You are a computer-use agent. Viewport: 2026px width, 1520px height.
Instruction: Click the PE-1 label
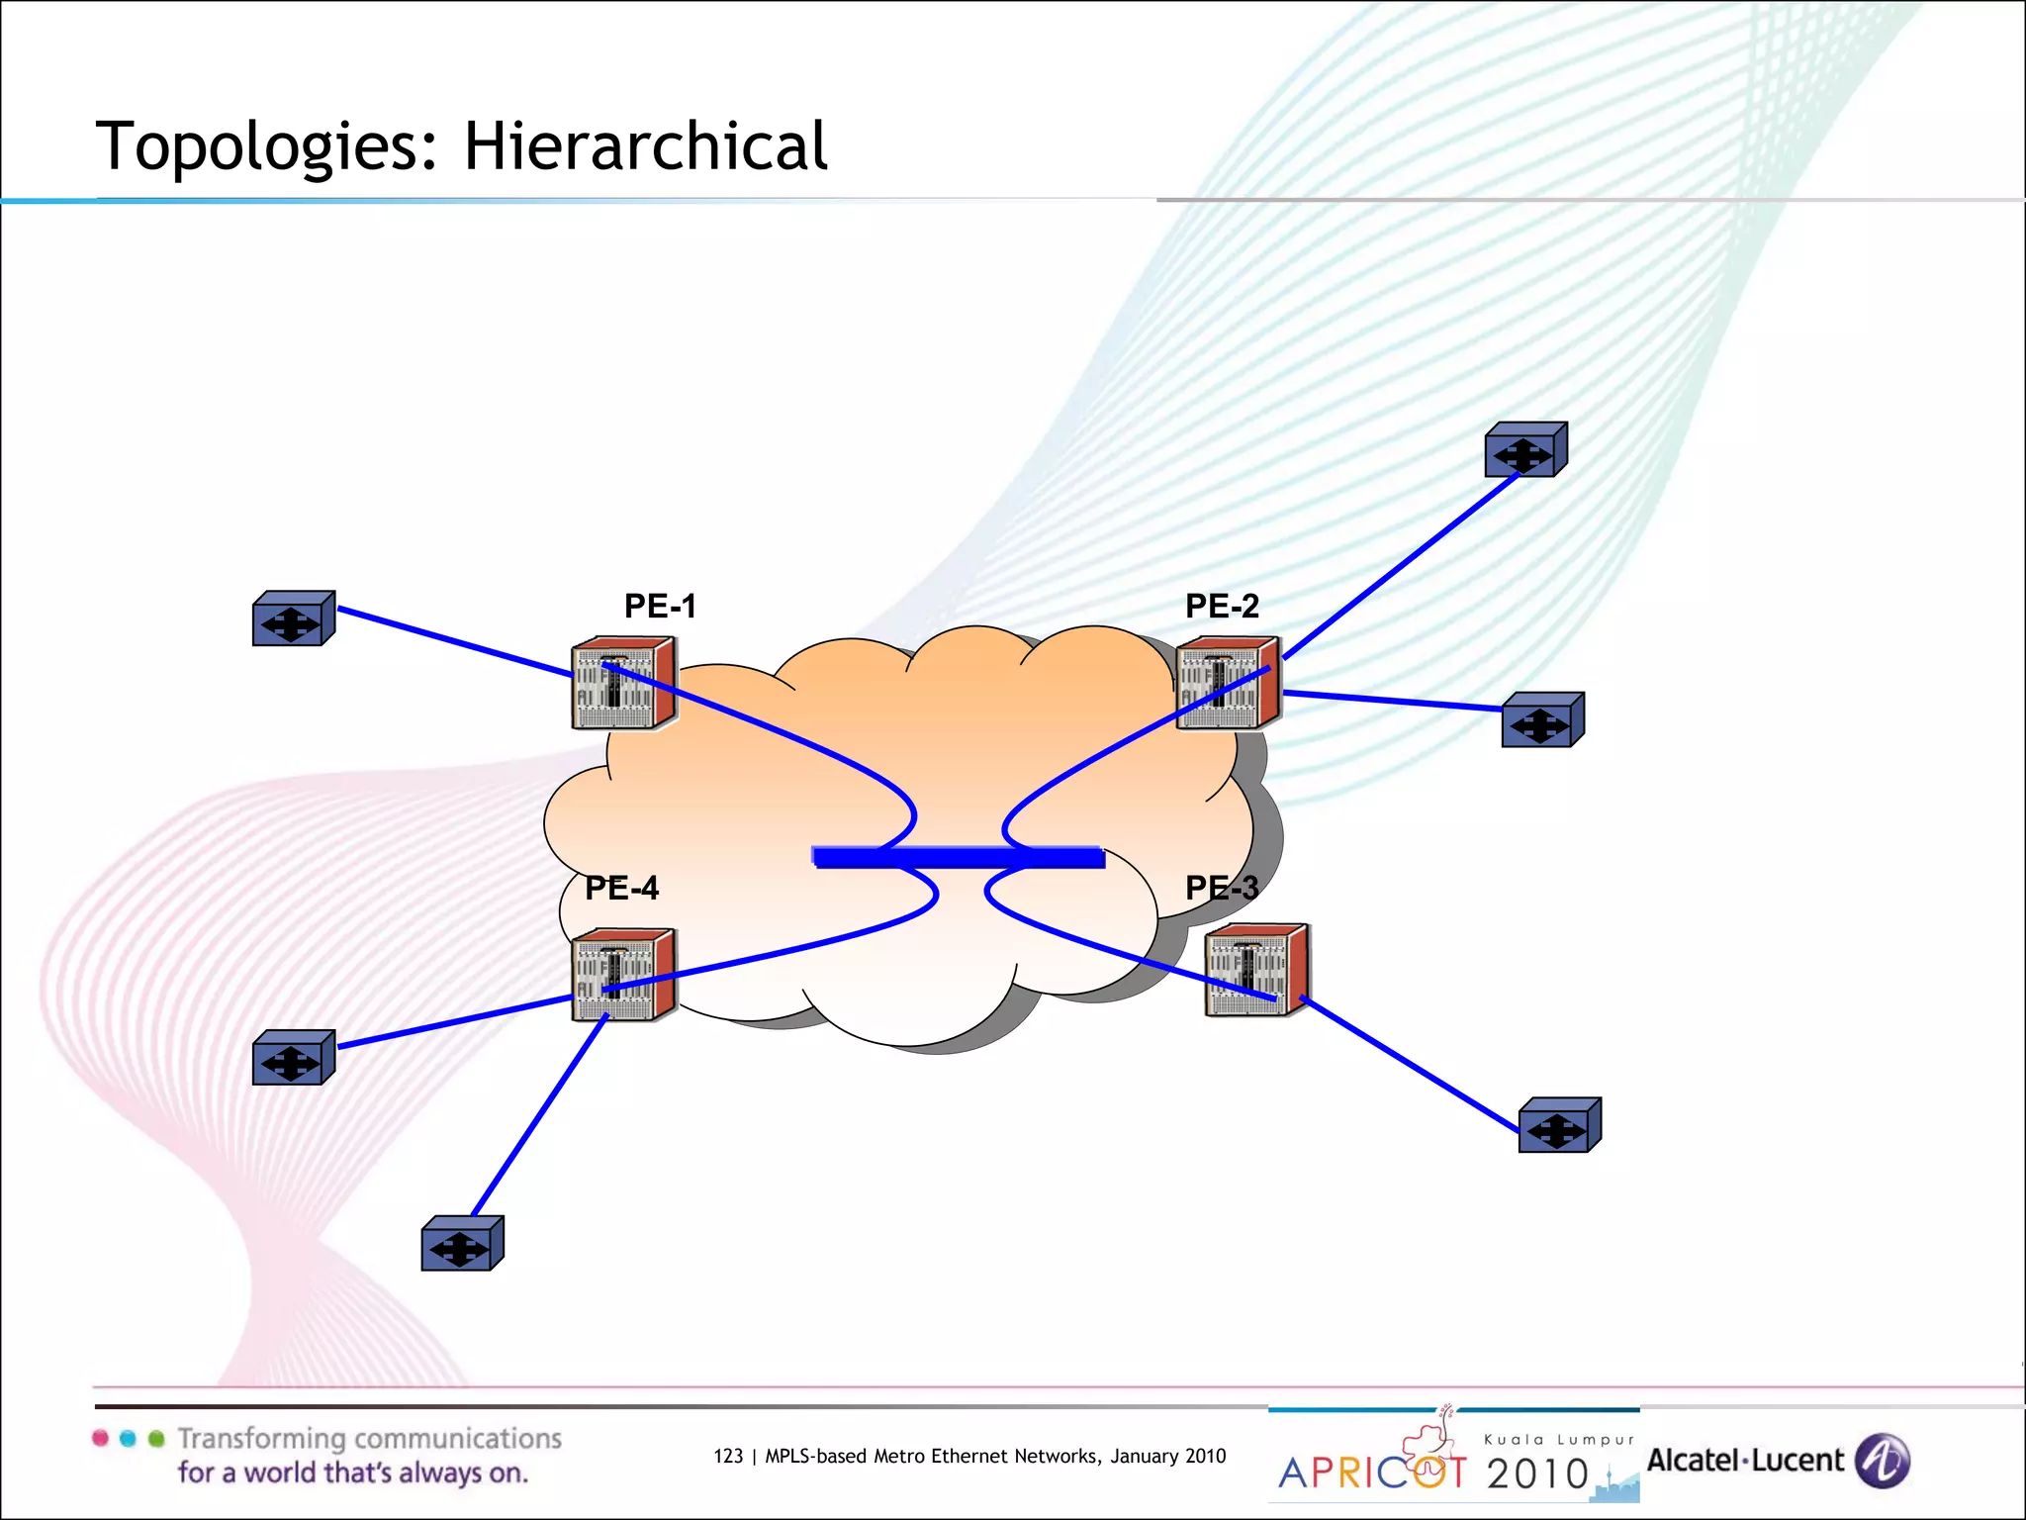click(660, 606)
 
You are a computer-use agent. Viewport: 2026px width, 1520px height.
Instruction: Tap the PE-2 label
click(1222, 606)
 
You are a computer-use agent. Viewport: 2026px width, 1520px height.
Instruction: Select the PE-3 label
click(1222, 888)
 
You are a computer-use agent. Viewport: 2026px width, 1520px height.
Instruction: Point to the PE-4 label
click(621, 888)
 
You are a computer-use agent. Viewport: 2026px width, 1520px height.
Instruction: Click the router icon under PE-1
click(623, 684)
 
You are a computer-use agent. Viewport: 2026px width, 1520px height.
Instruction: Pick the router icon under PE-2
click(1228, 684)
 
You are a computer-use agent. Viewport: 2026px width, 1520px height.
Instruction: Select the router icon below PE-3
click(1256, 971)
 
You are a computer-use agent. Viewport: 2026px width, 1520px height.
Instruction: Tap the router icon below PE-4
click(623, 975)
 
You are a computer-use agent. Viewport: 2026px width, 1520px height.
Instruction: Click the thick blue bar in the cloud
click(958, 857)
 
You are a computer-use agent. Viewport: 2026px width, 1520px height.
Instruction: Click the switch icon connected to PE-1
click(293, 619)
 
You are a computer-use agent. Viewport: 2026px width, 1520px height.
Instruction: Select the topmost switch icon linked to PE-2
click(1525, 450)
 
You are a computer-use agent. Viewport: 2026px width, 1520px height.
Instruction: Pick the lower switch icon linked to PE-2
click(1542, 720)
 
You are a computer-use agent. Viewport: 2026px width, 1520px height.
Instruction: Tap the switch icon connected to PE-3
click(1559, 1125)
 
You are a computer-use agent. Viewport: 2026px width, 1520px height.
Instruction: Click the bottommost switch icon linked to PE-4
click(462, 1244)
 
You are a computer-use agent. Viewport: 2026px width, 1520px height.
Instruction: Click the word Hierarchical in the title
click(645, 146)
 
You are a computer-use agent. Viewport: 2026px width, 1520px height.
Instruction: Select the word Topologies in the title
click(266, 146)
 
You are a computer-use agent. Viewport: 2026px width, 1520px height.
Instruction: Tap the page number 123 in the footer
click(727, 1456)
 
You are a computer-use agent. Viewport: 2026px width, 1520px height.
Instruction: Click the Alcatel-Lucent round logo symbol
click(1882, 1461)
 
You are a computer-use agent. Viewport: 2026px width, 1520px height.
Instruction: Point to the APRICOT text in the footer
click(1372, 1472)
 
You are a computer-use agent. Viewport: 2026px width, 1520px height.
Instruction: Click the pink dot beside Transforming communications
click(100, 1439)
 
